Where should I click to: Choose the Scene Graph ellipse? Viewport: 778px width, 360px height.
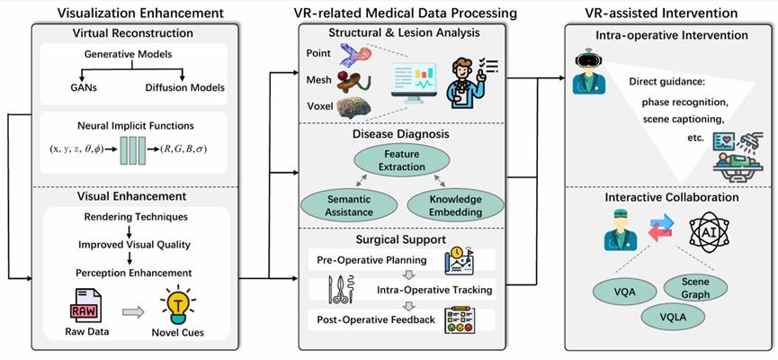(693, 288)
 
